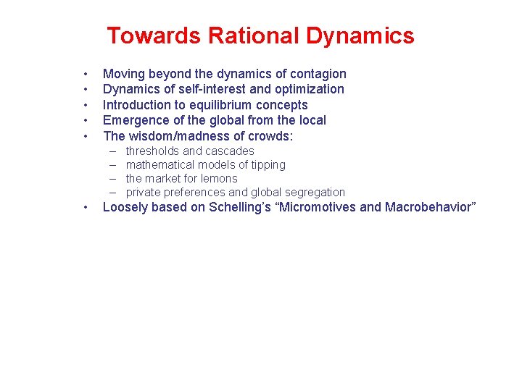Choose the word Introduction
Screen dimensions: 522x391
click(x=137, y=105)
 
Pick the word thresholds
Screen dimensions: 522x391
click(x=152, y=151)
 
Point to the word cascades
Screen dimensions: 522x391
click(x=229, y=151)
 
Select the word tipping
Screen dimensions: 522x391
click(x=268, y=165)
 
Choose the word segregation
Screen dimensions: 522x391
click(x=314, y=193)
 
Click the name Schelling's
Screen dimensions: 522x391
click(x=238, y=208)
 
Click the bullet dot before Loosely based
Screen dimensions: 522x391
click(x=86, y=208)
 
